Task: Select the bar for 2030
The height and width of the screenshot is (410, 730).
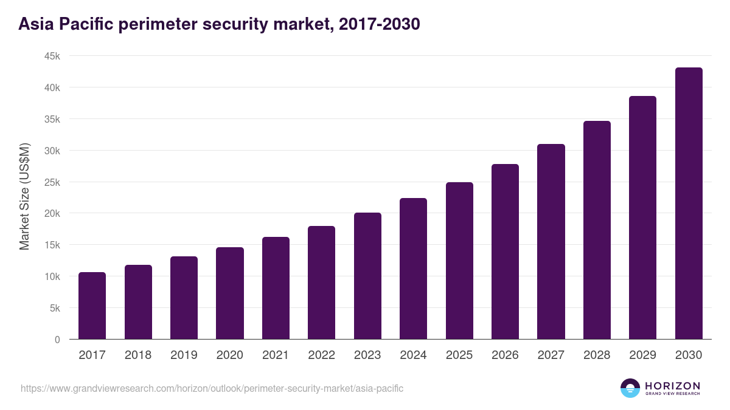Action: pyautogui.click(x=689, y=203)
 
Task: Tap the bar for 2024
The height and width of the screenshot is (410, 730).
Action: pyautogui.click(x=413, y=268)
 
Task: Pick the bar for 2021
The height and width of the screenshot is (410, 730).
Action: pyautogui.click(x=276, y=288)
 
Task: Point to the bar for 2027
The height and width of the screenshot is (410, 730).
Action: pyautogui.click(x=551, y=242)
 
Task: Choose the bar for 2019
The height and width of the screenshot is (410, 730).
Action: pyautogui.click(x=184, y=298)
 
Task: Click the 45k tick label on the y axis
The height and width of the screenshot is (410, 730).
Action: pyautogui.click(x=52, y=56)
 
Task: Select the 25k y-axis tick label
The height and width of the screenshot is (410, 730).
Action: pyautogui.click(x=52, y=182)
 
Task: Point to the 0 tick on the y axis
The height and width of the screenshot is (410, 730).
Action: pyautogui.click(x=57, y=340)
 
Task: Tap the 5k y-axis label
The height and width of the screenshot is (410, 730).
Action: pyautogui.click(x=54, y=308)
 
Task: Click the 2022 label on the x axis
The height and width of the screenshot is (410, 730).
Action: pyautogui.click(x=321, y=355)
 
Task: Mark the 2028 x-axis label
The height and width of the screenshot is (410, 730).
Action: pyautogui.click(x=597, y=355)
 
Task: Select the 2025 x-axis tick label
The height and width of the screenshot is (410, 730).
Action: pyautogui.click(x=459, y=355)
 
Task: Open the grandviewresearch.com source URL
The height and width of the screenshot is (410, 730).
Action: pyautogui.click(x=212, y=388)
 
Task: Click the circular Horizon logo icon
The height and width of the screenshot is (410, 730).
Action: pyautogui.click(x=630, y=388)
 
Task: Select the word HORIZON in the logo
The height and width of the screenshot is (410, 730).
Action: pyautogui.click(x=672, y=385)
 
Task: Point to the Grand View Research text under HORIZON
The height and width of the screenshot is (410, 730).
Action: pyautogui.click(x=672, y=394)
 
